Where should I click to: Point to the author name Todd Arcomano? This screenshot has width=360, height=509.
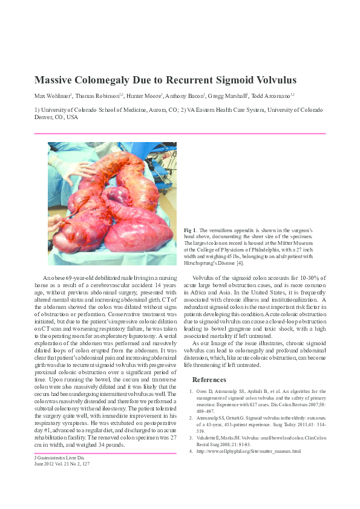tap(270, 96)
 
